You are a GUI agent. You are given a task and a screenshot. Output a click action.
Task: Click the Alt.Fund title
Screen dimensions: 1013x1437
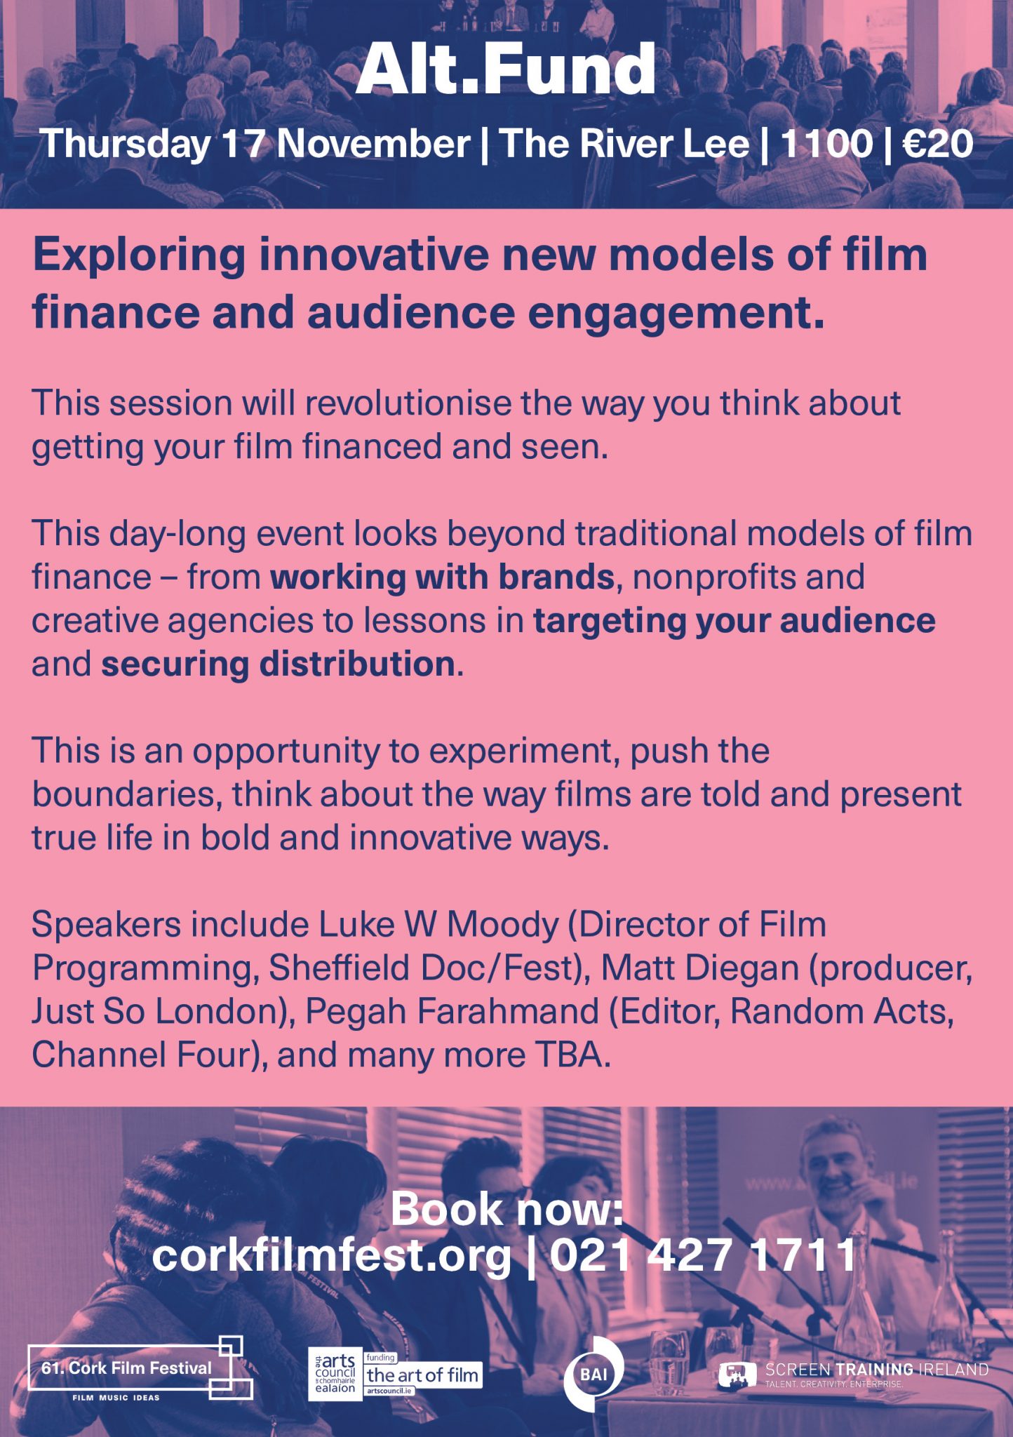point(506,69)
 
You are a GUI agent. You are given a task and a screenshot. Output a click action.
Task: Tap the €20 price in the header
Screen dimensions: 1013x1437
point(938,143)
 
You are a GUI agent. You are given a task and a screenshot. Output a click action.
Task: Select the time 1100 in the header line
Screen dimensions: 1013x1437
point(826,143)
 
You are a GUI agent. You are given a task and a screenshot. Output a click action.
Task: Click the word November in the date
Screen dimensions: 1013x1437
point(373,143)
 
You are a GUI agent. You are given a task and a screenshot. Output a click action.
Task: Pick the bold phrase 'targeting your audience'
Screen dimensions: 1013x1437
point(734,620)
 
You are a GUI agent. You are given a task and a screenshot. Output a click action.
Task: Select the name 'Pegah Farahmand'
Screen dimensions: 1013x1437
point(452,1012)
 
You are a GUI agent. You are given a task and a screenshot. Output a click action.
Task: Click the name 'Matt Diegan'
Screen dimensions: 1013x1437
point(699,968)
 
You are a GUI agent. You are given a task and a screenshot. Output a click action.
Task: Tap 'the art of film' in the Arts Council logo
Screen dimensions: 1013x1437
point(422,1375)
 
